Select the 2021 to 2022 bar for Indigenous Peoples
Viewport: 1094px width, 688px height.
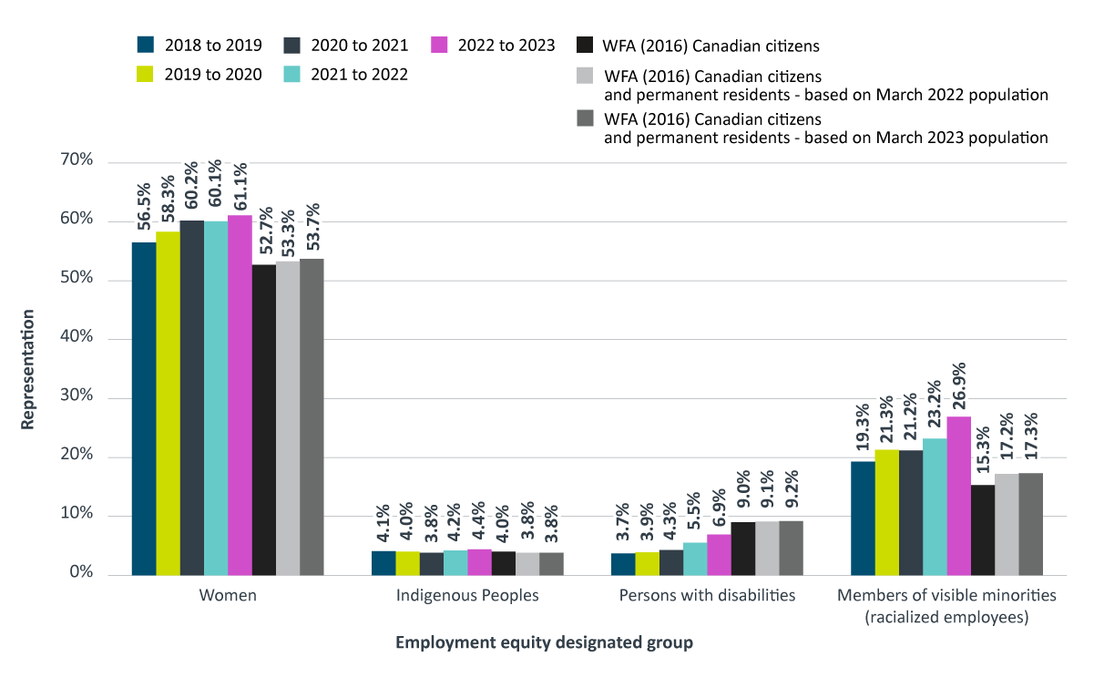coord(455,562)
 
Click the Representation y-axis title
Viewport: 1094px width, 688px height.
coord(28,369)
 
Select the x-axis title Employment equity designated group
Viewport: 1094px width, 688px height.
coord(544,642)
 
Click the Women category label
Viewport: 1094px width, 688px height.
coord(228,597)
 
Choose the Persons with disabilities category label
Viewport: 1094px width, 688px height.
coord(707,597)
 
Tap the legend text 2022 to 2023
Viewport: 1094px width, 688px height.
coord(507,45)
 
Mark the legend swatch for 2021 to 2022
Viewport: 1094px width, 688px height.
coord(292,74)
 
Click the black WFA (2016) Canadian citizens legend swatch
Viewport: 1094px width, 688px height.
coord(585,45)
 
